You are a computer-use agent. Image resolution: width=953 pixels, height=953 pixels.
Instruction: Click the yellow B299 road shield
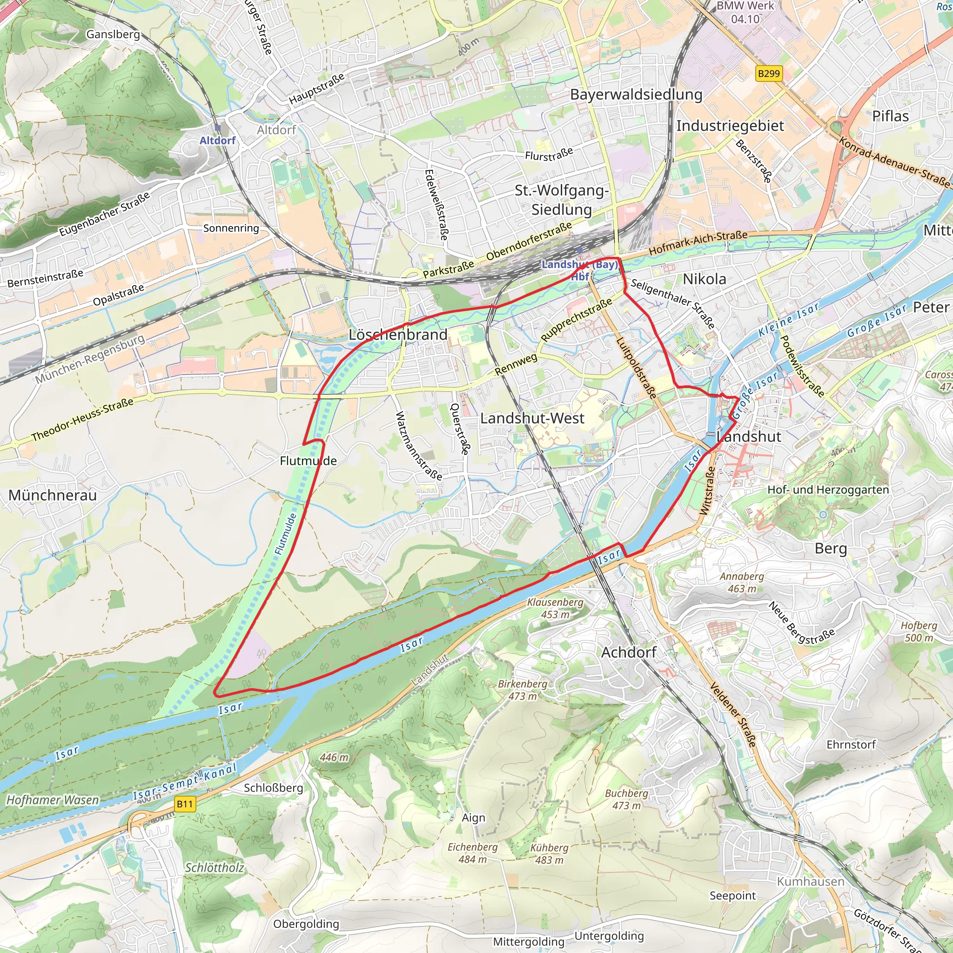[769, 74]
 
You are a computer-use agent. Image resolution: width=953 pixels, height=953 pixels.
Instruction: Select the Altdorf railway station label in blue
[217, 141]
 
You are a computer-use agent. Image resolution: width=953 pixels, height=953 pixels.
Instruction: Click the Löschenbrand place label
[397, 335]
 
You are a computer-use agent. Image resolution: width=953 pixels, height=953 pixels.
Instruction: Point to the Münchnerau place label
[52, 495]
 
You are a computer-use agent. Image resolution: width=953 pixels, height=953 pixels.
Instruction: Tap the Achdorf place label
[628, 652]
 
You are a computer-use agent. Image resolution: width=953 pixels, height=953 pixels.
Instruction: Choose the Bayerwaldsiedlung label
[636, 94]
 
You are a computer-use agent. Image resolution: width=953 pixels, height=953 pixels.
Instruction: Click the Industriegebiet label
[730, 126]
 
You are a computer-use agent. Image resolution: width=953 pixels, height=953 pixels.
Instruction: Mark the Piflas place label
[890, 116]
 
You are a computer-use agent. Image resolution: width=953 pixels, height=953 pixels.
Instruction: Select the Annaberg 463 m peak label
[741, 582]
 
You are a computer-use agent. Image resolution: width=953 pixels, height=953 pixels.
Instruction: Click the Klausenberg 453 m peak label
[555, 608]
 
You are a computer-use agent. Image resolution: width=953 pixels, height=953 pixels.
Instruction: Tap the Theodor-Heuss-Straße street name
[82, 420]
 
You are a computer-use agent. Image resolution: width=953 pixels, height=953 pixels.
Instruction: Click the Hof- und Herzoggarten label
[828, 490]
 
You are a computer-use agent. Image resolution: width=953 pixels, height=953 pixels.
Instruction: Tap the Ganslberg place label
[113, 34]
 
